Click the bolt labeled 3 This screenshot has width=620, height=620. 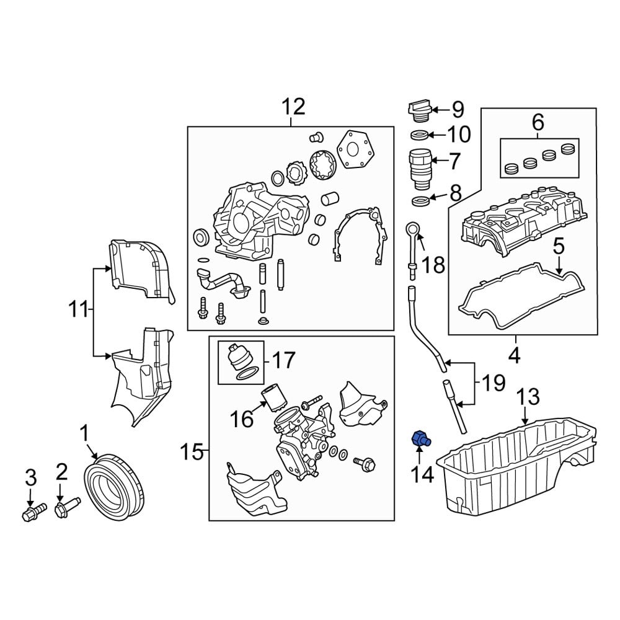coord(33,512)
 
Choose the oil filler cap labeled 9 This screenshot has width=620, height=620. coord(418,110)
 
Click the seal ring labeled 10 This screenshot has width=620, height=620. coord(420,135)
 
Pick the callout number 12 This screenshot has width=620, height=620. coord(294,107)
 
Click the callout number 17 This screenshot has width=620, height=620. coord(282,360)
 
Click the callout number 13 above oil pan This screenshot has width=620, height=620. coord(528,397)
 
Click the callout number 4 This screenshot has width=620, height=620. coord(515,356)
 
